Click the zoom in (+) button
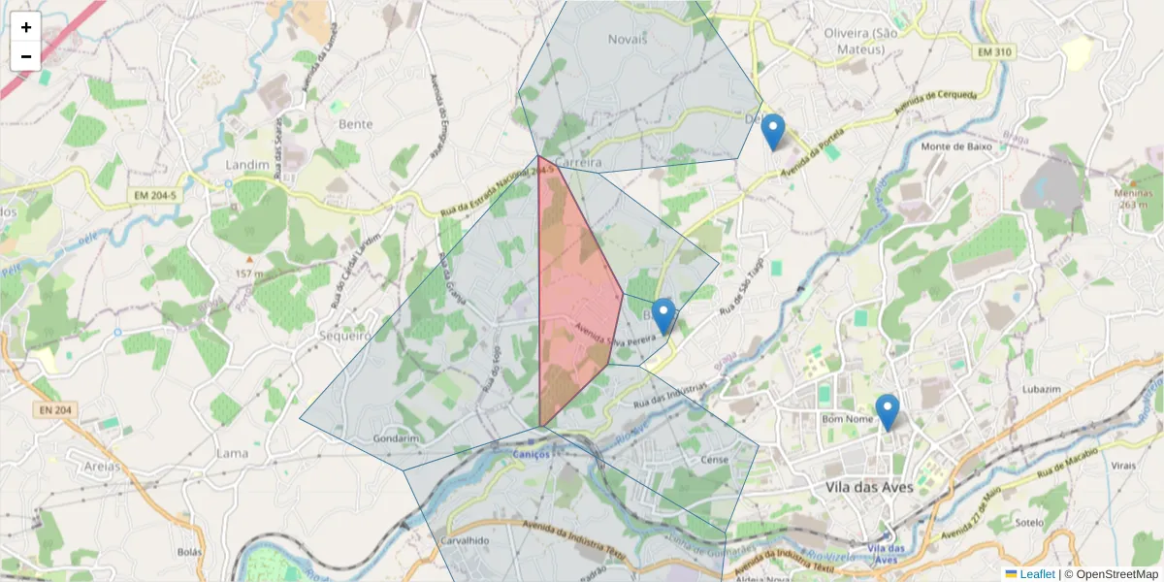point(26,28)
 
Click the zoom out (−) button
point(26,56)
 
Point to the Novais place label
point(627,40)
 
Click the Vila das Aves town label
point(869,487)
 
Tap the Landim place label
point(246,165)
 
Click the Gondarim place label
point(395,438)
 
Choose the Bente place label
point(356,124)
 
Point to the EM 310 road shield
point(1022,51)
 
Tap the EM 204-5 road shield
point(155,196)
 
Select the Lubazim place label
point(1043,390)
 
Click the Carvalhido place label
point(464,541)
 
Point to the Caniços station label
point(532,454)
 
